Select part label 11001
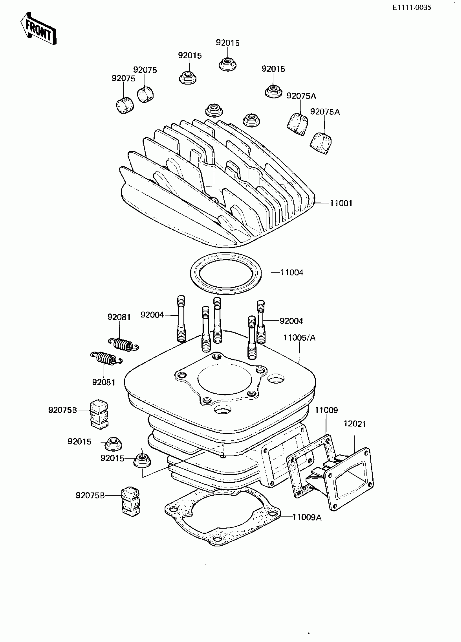tap(341, 203)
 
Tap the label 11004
tap(292, 272)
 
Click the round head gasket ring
tap(225, 286)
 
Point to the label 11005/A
tap(299, 338)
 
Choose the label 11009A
tap(307, 517)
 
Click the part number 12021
tap(355, 424)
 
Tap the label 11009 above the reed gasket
tap(326, 410)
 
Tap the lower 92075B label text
tap(90, 495)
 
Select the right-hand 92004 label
tap(291, 321)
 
